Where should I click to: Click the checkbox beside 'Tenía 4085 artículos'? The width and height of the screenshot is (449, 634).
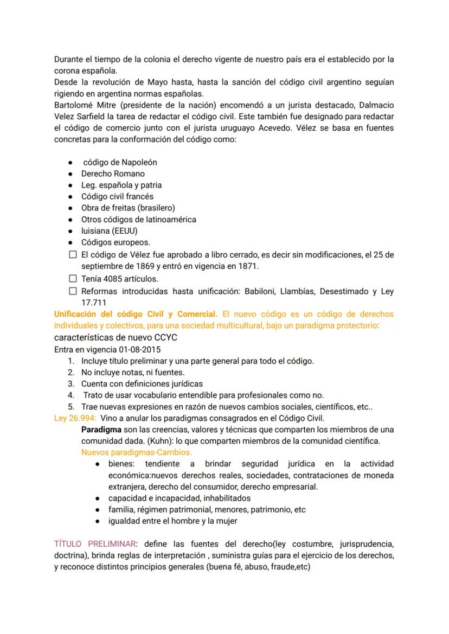[73, 279]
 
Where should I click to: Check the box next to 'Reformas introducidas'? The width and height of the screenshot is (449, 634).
[73, 291]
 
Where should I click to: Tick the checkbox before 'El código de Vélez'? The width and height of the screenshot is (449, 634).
[73, 255]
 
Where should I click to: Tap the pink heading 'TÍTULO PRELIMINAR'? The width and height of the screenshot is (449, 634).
[94, 544]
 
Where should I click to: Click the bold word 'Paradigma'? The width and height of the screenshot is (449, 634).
[101, 430]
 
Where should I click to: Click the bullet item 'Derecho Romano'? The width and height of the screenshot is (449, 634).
[113, 174]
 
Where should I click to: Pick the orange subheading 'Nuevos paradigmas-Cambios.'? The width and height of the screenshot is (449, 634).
[137, 452]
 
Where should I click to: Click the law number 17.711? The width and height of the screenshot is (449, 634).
[94, 303]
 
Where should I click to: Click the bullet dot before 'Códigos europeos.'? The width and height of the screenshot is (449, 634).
[70, 242]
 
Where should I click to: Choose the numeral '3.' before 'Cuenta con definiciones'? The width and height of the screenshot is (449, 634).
[71, 384]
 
